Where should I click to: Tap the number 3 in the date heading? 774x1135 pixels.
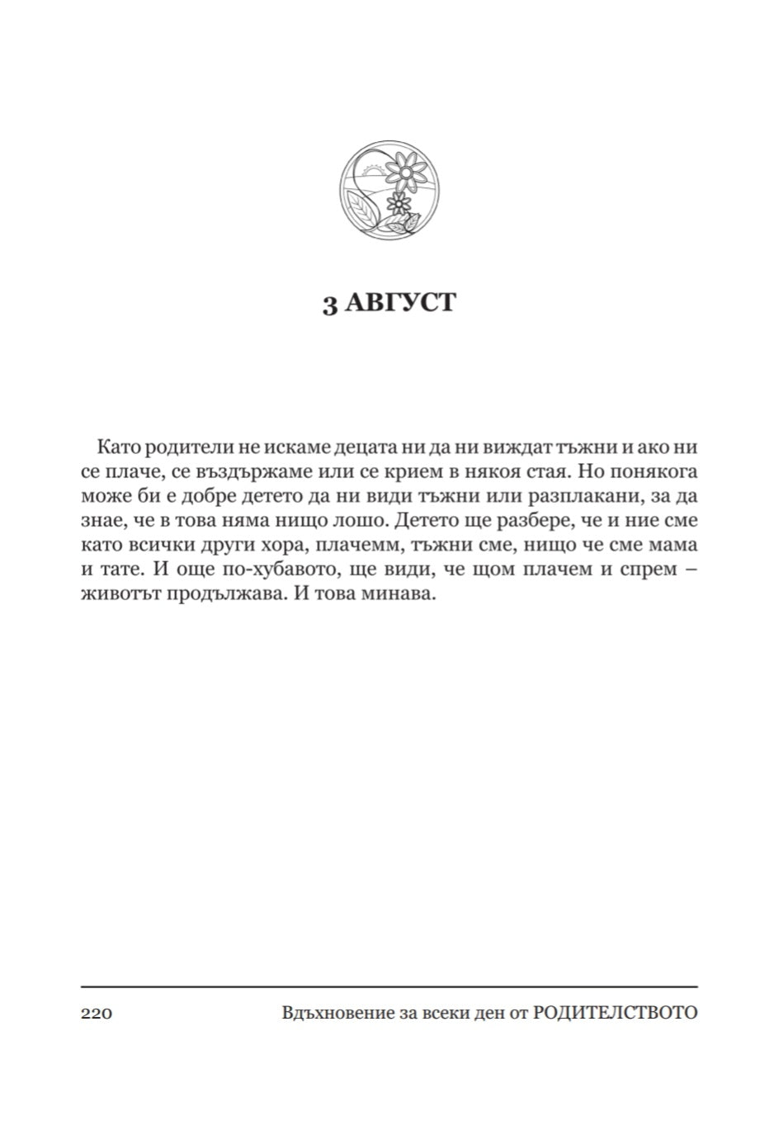[329, 304]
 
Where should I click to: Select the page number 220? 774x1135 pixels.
[97, 1013]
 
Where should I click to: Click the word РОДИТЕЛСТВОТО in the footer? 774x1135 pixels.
[615, 1013]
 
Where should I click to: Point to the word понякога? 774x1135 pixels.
[656, 471]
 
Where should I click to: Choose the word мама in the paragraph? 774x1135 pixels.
[675, 546]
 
